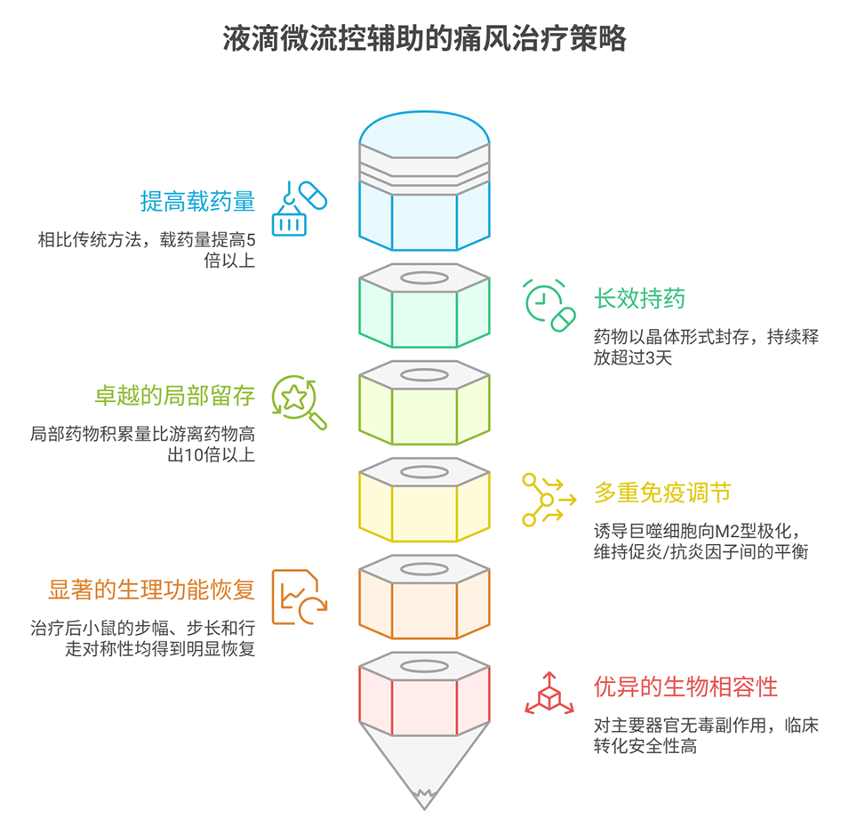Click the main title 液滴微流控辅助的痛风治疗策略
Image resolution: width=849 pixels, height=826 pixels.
coord(424,39)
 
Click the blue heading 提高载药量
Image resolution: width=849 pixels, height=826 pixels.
coord(197,202)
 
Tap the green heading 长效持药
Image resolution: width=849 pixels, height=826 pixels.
coord(639,300)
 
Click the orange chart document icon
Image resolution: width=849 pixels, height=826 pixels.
coord(299,596)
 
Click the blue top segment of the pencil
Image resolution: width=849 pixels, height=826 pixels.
coord(424,213)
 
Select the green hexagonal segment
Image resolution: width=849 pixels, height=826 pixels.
coord(424,316)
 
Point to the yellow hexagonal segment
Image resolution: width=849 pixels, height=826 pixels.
coord(424,509)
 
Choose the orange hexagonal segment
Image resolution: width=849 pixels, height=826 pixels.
coord(424,605)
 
